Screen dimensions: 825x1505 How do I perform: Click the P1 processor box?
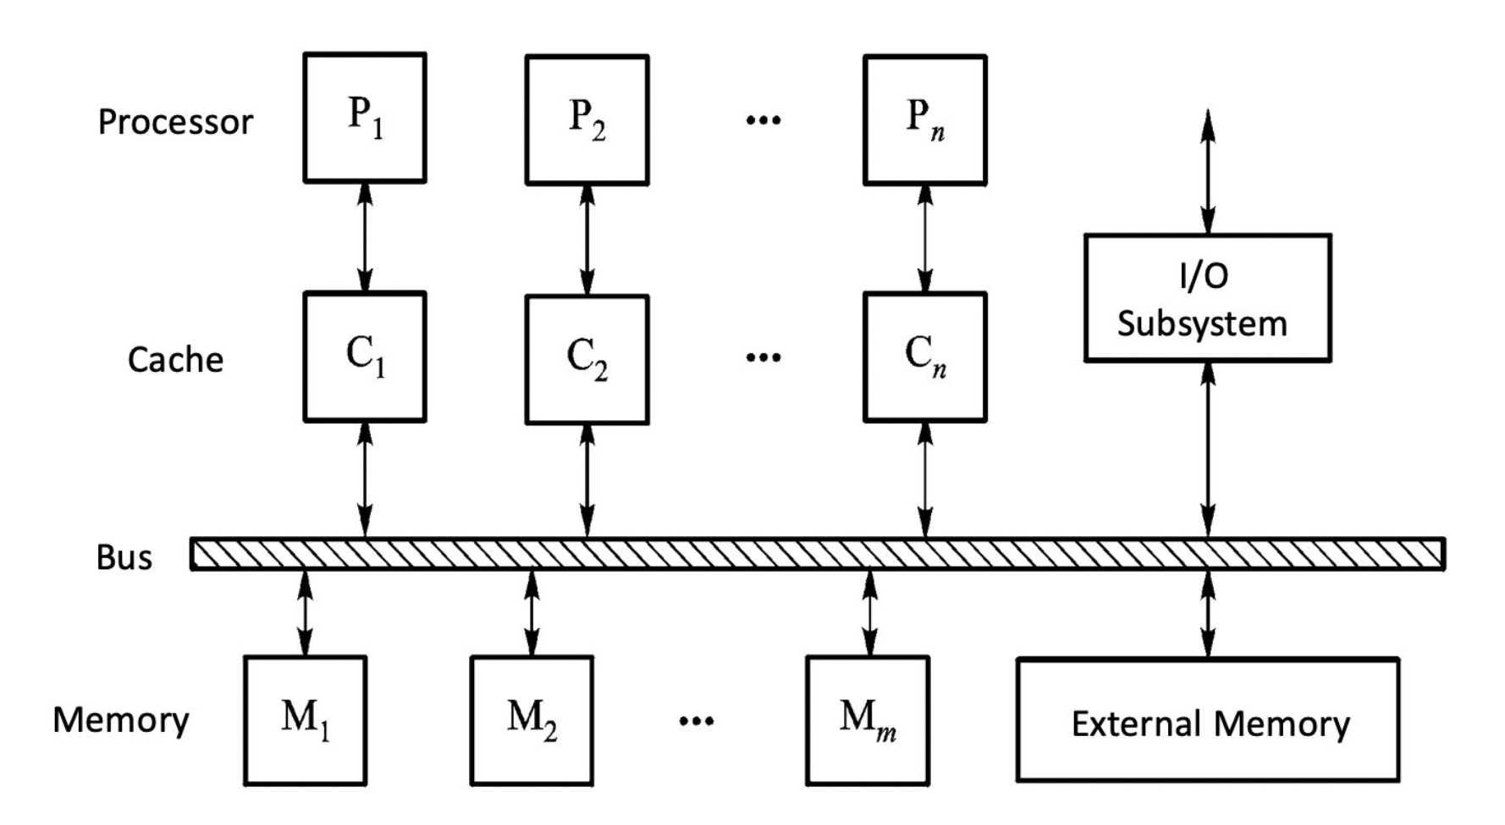(365, 118)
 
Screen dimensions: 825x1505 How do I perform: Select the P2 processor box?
(587, 119)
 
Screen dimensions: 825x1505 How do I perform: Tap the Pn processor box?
(924, 119)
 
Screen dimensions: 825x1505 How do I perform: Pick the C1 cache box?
(365, 357)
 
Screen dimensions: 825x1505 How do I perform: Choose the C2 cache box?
(587, 359)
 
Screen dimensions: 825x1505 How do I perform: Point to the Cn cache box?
(924, 357)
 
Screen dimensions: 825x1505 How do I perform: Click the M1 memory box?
(305, 720)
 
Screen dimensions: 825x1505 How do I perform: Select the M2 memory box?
(532, 721)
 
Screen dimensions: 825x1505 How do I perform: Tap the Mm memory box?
(868, 721)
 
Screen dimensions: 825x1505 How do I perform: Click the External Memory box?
(1208, 719)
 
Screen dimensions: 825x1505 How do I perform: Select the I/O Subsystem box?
(1207, 298)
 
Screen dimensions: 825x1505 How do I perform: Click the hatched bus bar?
(817, 554)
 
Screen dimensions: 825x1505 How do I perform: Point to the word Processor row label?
(175, 122)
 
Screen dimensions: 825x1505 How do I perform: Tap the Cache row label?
(175, 360)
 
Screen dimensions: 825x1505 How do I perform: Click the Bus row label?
(124, 557)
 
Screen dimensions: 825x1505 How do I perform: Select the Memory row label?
(121, 720)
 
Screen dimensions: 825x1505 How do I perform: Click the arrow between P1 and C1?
(365, 237)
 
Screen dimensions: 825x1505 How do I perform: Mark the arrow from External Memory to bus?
(1208, 614)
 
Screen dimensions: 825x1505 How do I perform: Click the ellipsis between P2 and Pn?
(764, 120)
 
